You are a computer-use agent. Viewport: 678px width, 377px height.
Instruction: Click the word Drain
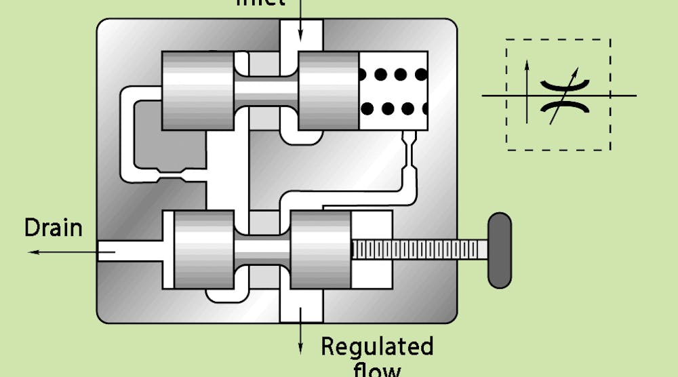[x=53, y=227]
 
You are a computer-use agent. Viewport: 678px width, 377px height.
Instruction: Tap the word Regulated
[x=377, y=346]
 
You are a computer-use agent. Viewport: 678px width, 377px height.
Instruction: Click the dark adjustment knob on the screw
[x=500, y=250]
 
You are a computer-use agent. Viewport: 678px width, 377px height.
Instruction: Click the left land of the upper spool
[x=197, y=90]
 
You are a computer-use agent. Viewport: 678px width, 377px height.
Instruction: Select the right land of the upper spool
[x=328, y=90]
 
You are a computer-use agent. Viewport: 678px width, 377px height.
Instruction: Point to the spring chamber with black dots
[x=393, y=90]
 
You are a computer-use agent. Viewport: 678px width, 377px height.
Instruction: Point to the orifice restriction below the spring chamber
[x=411, y=146]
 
